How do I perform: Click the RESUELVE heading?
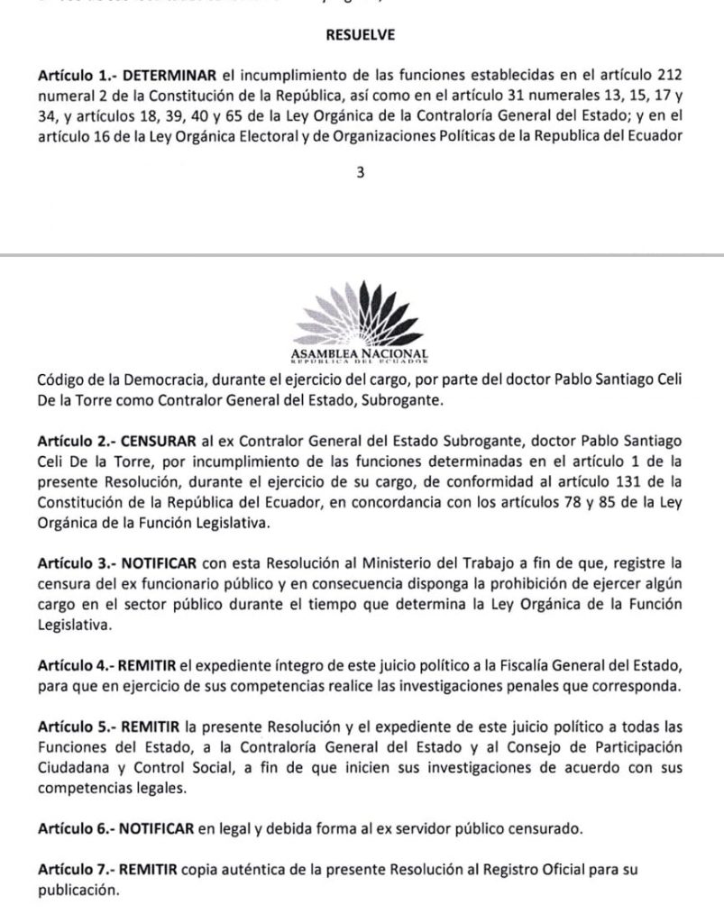pyautogui.click(x=361, y=36)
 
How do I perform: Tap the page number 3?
pyautogui.click(x=361, y=175)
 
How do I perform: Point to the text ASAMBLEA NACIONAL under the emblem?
pyautogui.click(x=361, y=352)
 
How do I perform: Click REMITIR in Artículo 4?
pyautogui.click(x=145, y=666)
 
